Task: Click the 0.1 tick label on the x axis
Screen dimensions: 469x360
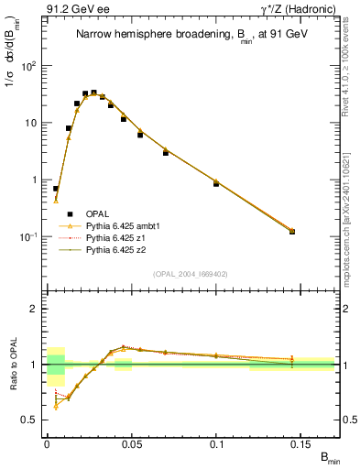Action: (217, 442)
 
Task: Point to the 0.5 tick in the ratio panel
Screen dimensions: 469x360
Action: (32, 420)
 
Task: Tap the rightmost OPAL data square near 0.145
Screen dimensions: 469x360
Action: (292, 232)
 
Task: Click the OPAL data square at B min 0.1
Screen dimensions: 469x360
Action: (216, 184)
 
